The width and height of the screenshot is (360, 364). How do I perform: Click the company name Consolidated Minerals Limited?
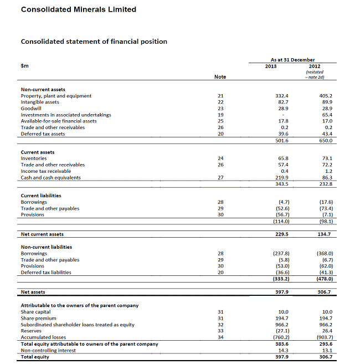(78, 9)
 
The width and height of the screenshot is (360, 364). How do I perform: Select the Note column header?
(221, 77)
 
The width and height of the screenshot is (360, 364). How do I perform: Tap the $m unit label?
(25, 66)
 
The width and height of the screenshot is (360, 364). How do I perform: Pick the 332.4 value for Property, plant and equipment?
(282, 96)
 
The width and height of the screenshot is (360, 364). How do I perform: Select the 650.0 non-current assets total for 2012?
(326, 141)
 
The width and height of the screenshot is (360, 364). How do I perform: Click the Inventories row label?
(34, 158)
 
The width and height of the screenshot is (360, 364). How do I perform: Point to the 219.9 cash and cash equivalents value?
(282, 177)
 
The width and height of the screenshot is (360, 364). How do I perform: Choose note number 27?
(221, 177)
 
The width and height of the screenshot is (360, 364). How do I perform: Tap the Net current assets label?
(42, 234)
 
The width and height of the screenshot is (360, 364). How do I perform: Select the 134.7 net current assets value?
(326, 234)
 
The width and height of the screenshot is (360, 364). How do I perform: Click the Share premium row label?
(38, 318)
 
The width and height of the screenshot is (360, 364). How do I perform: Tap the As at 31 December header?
(292, 60)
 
